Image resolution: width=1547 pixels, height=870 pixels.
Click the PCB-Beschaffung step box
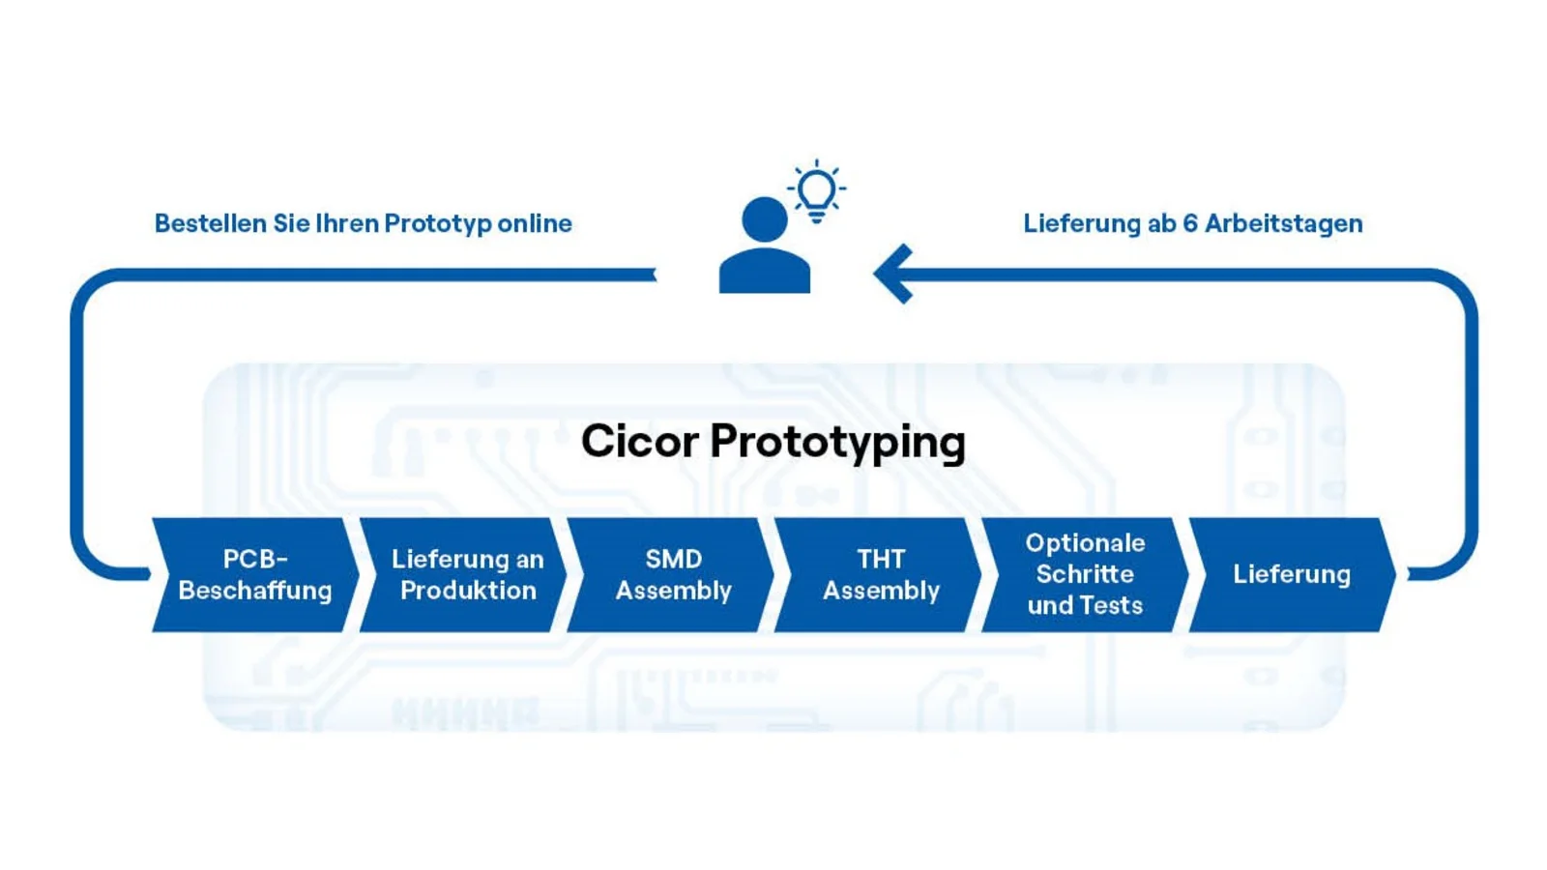pos(255,575)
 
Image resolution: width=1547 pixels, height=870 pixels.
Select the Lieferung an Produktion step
pos(467,575)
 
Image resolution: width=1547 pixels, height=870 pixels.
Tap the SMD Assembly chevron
pos(674,575)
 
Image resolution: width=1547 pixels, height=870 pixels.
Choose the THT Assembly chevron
pos(881,575)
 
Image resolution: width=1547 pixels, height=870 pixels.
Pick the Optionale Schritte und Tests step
pos(1085,575)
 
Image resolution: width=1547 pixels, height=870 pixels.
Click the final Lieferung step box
pos(1292,575)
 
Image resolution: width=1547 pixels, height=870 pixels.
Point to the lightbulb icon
pos(817,190)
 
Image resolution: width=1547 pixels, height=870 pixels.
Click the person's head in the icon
pos(765,219)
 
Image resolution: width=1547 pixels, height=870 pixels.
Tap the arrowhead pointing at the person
pos(893,274)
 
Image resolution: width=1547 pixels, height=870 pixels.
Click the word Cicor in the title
pos(639,442)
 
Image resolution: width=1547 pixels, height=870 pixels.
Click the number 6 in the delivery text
pos(1189,223)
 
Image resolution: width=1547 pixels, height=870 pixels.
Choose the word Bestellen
pos(211,223)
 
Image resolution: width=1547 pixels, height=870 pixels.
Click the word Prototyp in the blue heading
pos(438,224)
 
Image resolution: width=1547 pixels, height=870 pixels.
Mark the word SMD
pos(674,559)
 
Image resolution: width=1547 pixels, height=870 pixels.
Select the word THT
pos(881,559)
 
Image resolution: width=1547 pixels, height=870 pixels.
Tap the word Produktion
pos(468,591)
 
